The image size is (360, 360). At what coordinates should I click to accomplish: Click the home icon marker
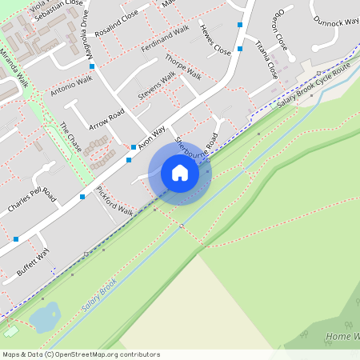(x=180, y=173)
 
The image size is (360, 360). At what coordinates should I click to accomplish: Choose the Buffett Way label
(x=34, y=262)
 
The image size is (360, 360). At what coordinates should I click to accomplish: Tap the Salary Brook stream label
(x=99, y=296)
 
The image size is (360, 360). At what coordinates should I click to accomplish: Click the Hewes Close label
(x=215, y=39)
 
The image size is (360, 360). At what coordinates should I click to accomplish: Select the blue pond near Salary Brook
(x=44, y=318)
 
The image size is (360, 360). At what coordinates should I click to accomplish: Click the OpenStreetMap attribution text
(x=81, y=354)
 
